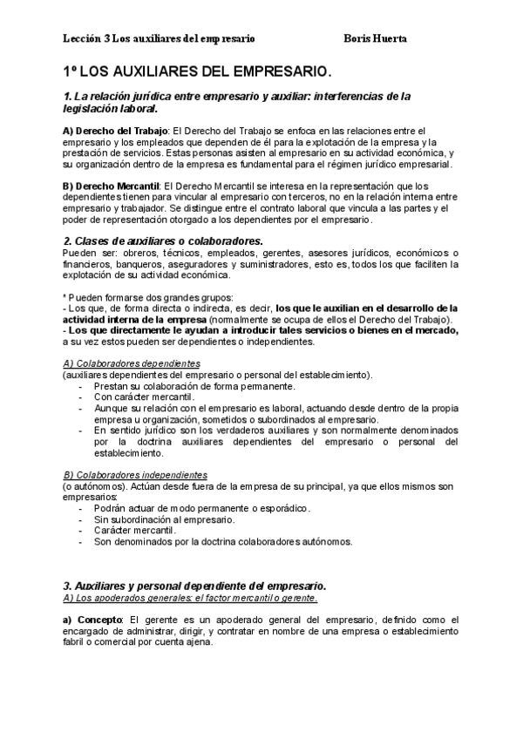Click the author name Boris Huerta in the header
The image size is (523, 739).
[x=376, y=38]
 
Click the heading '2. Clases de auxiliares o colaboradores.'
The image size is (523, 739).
[x=163, y=241]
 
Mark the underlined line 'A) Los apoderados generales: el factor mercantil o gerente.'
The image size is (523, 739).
[x=190, y=599]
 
